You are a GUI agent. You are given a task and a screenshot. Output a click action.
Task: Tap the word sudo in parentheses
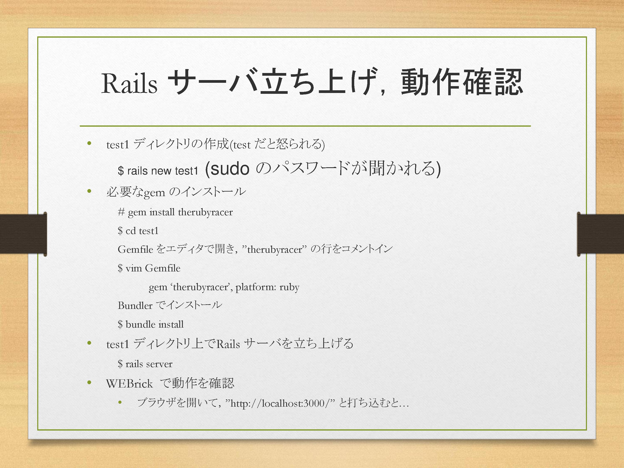coord(230,169)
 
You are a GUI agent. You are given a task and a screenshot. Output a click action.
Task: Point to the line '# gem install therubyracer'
coord(175,212)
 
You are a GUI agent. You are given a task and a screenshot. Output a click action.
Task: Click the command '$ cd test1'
coord(138,231)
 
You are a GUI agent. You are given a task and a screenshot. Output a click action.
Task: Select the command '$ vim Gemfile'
coord(149,268)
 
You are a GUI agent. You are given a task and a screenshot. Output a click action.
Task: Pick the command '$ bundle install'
coord(151,324)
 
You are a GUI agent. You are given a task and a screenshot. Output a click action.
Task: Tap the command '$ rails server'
coord(145,364)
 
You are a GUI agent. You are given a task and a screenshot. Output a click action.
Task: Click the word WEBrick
coord(130,384)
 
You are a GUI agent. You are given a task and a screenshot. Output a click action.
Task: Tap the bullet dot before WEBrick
coord(89,383)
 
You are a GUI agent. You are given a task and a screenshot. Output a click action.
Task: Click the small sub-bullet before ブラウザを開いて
coord(120,402)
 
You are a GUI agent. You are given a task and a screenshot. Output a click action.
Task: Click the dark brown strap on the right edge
coord(600,234)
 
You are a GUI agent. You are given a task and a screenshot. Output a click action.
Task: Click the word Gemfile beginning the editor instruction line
coord(135,249)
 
